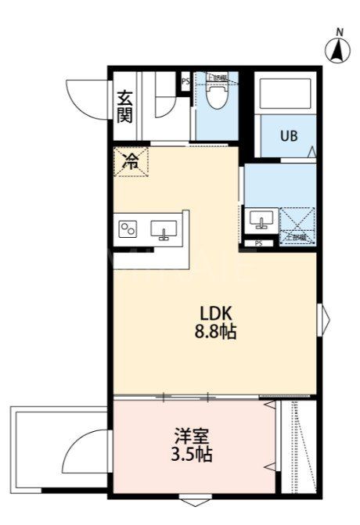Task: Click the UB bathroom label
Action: [x=289, y=135]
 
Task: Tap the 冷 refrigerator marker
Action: [x=131, y=162]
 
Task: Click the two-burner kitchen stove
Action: [x=128, y=229]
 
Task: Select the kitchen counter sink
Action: [x=165, y=229]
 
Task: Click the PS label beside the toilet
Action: [x=185, y=80]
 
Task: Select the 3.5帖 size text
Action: [x=190, y=454]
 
